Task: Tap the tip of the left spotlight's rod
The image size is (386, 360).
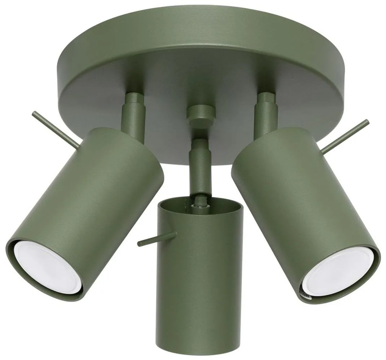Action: click(x=35, y=114)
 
